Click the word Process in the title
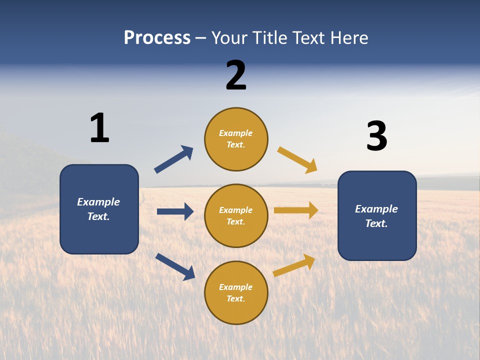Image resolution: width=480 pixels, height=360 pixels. (x=157, y=38)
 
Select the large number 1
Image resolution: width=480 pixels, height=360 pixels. (x=99, y=128)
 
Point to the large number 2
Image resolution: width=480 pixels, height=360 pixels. (x=236, y=75)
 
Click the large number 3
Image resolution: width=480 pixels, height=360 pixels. (x=376, y=136)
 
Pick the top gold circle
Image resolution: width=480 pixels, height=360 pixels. (x=236, y=139)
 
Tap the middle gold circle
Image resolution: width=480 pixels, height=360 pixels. (x=236, y=215)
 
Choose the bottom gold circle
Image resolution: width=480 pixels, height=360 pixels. (x=236, y=292)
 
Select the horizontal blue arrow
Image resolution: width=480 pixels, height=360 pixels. (x=175, y=211)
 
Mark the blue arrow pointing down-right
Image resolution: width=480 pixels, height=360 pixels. (x=175, y=266)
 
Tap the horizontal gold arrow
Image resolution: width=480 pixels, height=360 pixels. (x=296, y=210)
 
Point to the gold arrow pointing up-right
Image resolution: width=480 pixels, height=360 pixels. (x=294, y=265)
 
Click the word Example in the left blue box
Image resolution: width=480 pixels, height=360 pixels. (x=98, y=202)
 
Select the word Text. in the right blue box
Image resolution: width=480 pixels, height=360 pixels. (x=376, y=223)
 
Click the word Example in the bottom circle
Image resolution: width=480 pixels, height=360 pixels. (x=236, y=287)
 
